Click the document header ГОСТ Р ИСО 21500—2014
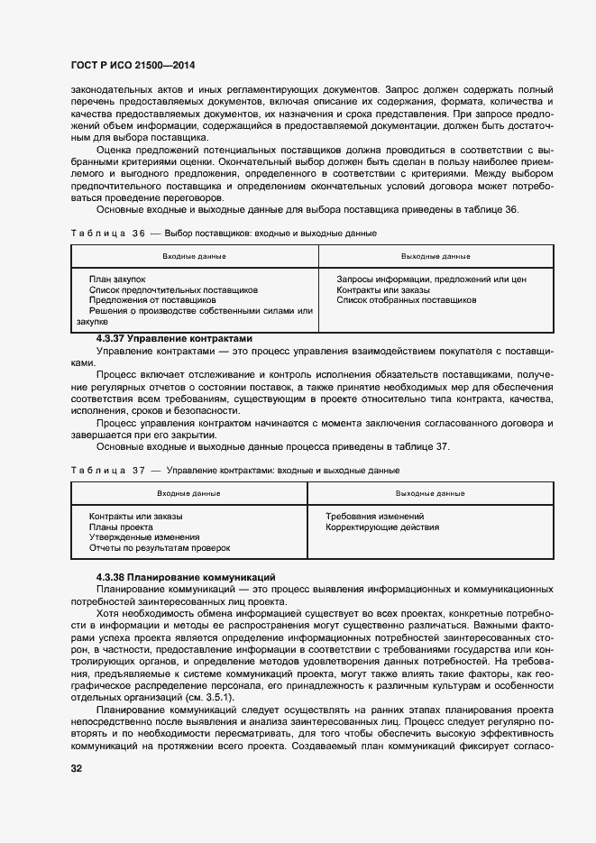pyautogui.click(x=133, y=67)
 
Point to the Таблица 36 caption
pyautogui.click(x=223, y=234)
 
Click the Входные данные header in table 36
pyautogui.click(x=194, y=256)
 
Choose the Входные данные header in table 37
pyautogui.click(x=188, y=493)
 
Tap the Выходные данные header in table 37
pyautogui.click(x=430, y=493)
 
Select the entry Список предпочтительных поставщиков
pyautogui.click(x=173, y=290)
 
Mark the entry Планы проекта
pyautogui.click(x=121, y=527)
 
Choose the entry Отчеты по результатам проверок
pyautogui.click(x=160, y=547)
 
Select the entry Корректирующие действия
pyautogui.click(x=382, y=527)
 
